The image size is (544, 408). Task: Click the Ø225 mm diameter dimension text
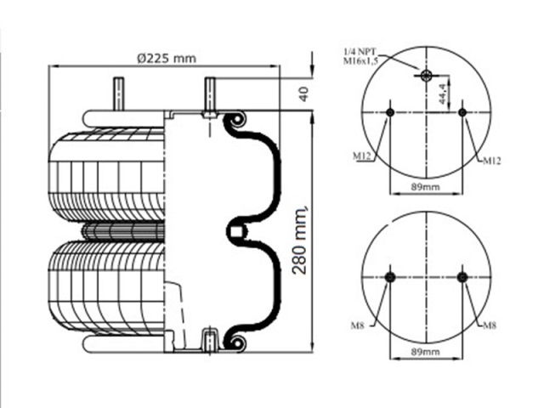click(167, 59)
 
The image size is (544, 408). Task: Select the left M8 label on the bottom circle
click(360, 323)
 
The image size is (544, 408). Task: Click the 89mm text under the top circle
click(426, 185)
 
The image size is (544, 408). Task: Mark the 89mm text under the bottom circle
click(426, 351)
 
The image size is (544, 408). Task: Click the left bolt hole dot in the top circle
click(389, 112)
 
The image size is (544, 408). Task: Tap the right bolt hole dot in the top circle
click(462, 112)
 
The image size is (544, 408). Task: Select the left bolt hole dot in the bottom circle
click(389, 278)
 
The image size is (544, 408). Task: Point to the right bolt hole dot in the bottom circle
click(462, 278)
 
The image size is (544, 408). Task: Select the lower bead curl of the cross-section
click(237, 343)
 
